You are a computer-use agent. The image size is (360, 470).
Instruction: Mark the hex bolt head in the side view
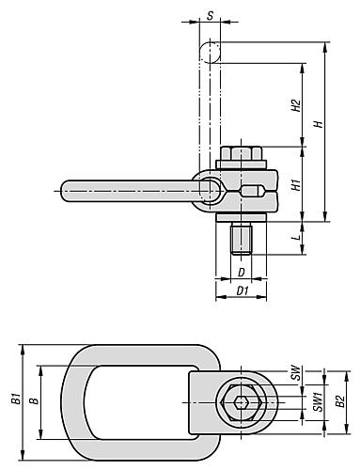pos(243,154)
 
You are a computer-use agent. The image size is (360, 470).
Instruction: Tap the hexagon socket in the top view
pos(243,402)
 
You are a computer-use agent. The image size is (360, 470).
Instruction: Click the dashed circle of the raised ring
pos(211,50)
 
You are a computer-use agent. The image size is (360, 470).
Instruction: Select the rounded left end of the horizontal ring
pos(69,192)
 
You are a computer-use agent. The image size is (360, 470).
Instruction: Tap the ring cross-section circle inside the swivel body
pos(211,192)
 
